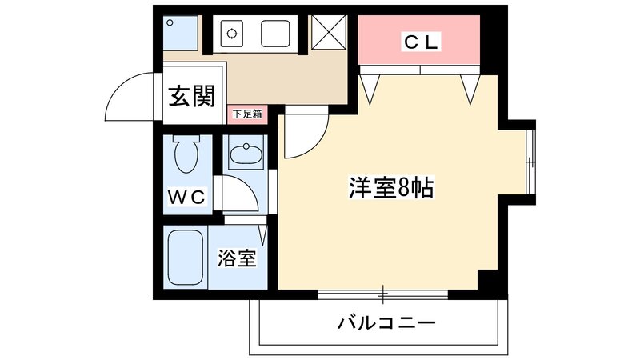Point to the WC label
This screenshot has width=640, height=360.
coord(187,196)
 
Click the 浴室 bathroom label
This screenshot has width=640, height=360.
coord(238,258)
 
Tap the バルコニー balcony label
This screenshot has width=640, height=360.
coord(386,324)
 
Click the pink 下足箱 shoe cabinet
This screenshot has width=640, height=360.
coord(247,114)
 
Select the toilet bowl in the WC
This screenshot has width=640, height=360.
coord(186,154)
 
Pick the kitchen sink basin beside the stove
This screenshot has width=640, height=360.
coord(277,34)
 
